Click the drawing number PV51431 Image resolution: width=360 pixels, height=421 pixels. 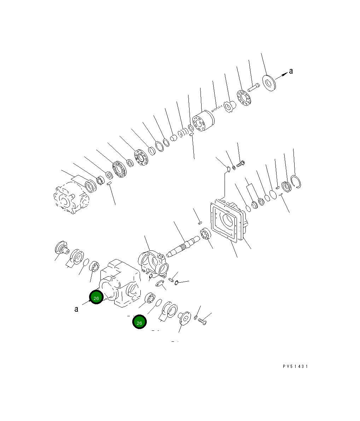pyautogui.click(x=295, y=367)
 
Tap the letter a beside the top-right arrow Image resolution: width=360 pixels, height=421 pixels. pyautogui.click(x=291, y=71)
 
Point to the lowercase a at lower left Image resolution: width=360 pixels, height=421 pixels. pyautogui.click(x=76, y=309)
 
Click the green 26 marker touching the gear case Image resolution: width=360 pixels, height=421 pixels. pyautogui.click(x=96, y=298)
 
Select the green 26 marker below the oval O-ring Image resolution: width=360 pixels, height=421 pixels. pyautogui.click(x=139, y=322)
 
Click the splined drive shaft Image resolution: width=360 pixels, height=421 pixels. pyautogui.click(x=184, y=246)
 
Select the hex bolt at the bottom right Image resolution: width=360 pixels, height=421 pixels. pyautogui.click(x=202, y=322)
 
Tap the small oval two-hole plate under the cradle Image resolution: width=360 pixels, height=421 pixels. pyautogui.click(x=161, y=283)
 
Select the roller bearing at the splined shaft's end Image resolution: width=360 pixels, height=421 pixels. pyautogui.click(x=205, y=235)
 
